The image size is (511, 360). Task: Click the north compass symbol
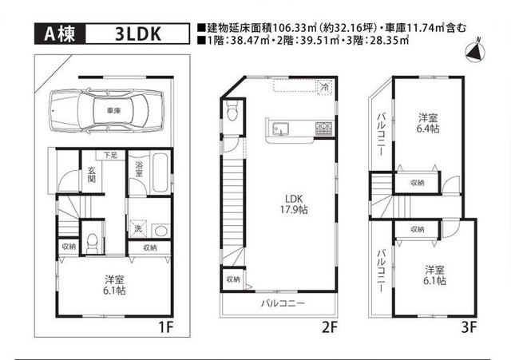pyautogui.click(x=475, y=51)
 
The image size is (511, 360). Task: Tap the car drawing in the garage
pyautogui.click(x=106, y=111)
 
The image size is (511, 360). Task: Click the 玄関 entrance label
pyautogui.click(x=92, y=174)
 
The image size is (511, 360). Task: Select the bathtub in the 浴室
pyautogui.click(x=160, y=172)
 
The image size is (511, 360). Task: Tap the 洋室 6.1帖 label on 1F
pyautogui.click(x=114, y=285)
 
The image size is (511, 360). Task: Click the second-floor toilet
pyautogui.click(x=232, y=110)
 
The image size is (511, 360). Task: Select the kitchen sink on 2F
pyautogui.click(x=280, y=129)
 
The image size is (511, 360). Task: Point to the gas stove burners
pyautogui.click(x=323, y=128)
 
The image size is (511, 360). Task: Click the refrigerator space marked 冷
pyautogui.click(x=325, y=87)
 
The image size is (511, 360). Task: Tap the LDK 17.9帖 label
pyautogui.click(x=294, y=204)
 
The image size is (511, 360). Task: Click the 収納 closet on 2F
pyautogui.click(x=233, y=279)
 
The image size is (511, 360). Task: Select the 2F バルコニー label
pyautogui.click(x=283, y=303)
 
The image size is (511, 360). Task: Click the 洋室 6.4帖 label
pyautogui.click(x=428, y=123)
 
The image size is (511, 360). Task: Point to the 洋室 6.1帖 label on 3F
pyautogui.click(x=434, y=275)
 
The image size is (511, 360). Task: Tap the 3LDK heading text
pyautogui.click(x=138, y=34)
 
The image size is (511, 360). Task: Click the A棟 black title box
pyautogui.click(x=60, y=34)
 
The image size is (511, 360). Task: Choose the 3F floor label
pyautogui.click(x=469, y=327)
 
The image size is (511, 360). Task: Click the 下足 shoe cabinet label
pyautogui.click(x=110, y=155)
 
